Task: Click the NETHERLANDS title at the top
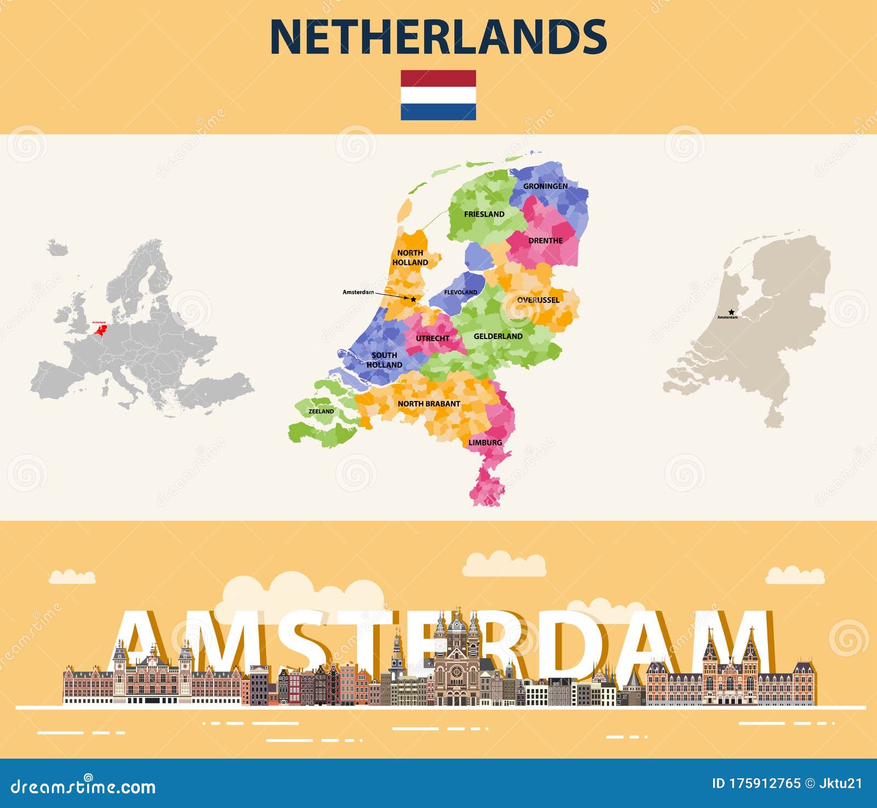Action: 438,37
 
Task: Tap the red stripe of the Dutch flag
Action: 438,78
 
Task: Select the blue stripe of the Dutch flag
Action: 438,112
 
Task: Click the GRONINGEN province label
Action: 545,186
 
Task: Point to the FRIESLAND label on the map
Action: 484,214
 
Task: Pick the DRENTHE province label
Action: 545,241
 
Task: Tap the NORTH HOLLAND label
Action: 410,257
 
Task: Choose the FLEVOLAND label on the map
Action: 460,292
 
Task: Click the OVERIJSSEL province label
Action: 538,300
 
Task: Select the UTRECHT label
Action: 432,338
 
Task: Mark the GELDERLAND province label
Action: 498,336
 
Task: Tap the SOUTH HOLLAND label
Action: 384,360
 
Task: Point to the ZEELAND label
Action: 321,411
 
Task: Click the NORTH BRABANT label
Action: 429,404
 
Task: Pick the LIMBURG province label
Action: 485,443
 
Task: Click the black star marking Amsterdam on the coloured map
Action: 413,299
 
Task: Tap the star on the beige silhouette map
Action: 731,312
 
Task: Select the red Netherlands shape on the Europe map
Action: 101,329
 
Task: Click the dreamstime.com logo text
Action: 83,787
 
